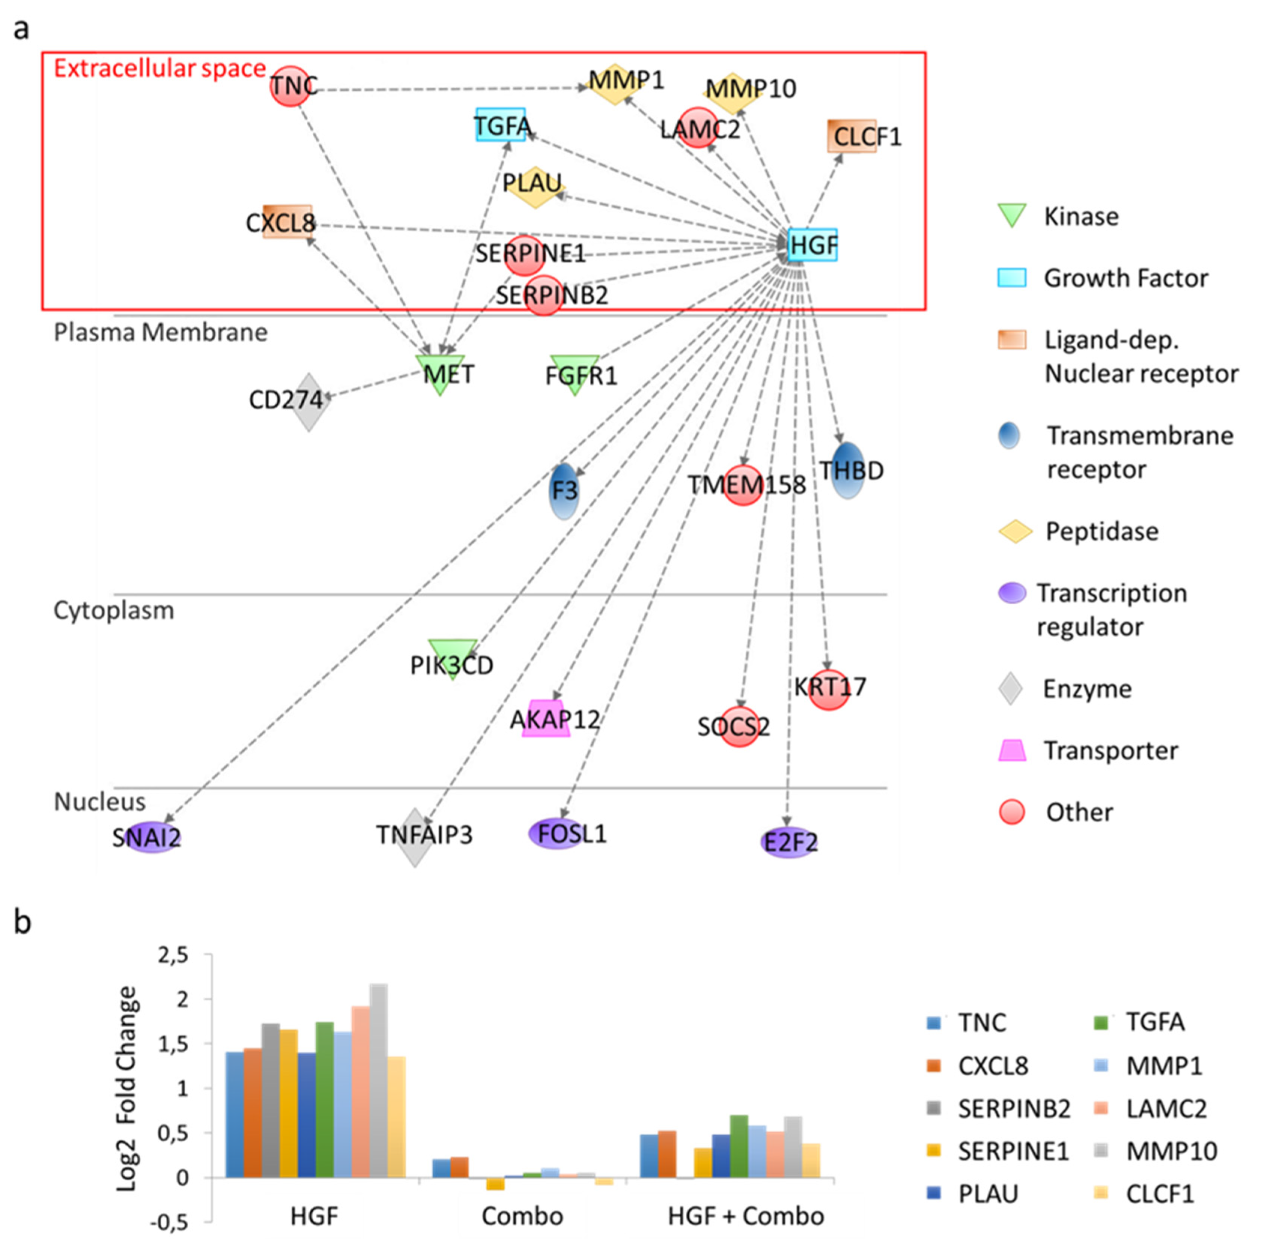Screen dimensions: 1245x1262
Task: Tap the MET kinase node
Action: [441, 374]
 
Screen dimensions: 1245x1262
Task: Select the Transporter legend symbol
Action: [1012, 750]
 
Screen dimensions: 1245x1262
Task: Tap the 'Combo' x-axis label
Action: [522, 1216]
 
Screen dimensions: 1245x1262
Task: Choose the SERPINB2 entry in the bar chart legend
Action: [1013, 1108]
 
